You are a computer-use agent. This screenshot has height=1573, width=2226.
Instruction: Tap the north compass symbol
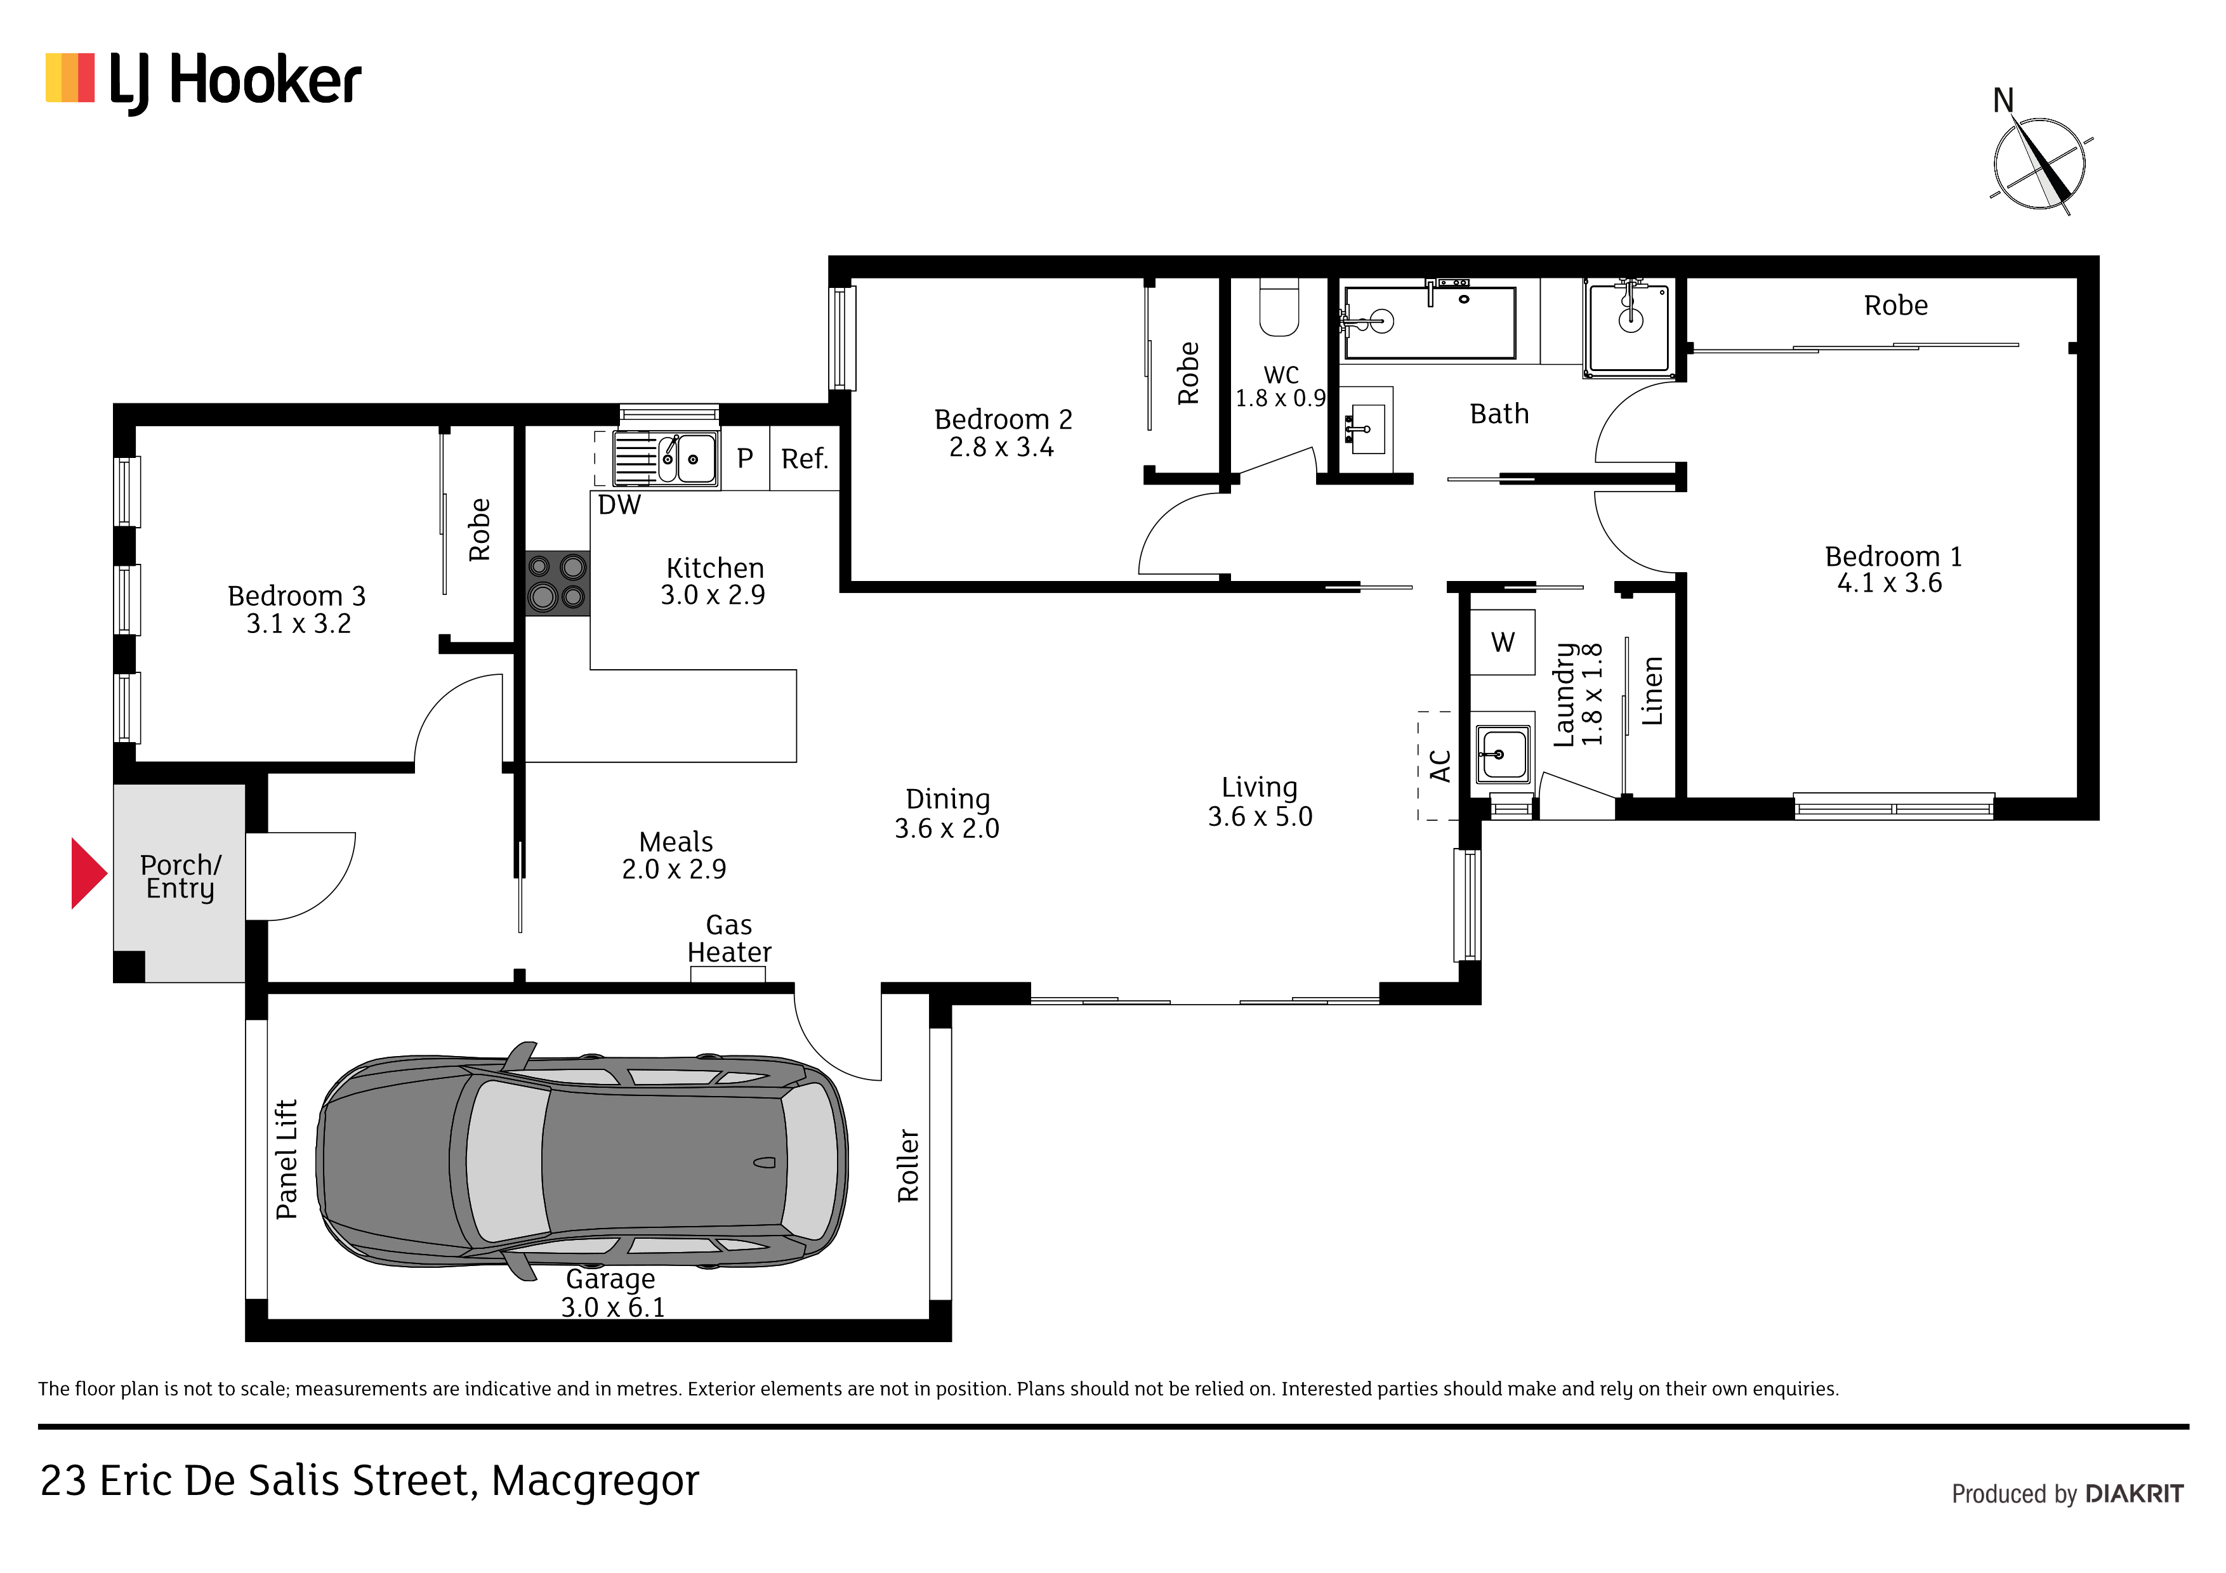point(2038,160)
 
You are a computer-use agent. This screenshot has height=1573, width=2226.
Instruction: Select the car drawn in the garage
point(582,1161)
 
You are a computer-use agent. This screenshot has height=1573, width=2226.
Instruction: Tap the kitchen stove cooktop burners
point(558,584)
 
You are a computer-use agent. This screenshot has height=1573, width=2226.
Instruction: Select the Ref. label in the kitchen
point(805,459)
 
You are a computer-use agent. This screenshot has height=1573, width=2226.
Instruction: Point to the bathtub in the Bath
point(1428,322)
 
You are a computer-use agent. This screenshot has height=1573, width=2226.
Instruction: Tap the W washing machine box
point(1503,642)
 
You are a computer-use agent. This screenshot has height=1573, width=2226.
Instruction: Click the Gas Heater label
point(729,938)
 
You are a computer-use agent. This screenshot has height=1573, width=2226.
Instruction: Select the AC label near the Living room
point(1440,766)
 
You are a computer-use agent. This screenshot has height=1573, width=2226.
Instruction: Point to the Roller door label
point(907,1165)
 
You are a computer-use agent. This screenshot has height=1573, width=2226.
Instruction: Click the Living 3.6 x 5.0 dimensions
point(1260,817)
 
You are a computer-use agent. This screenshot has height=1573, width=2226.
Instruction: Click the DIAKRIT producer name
point(2134,1494)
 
